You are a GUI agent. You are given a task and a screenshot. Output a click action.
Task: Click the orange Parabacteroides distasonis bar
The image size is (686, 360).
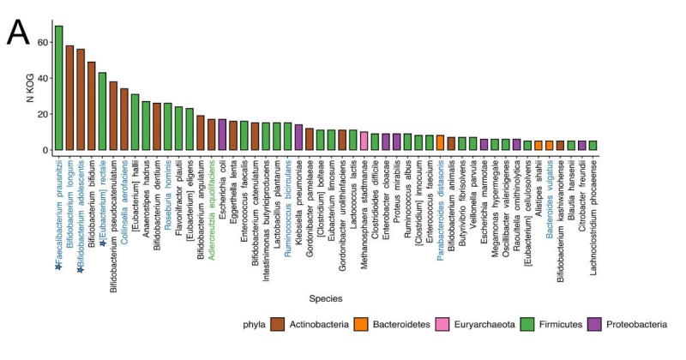point(440,142)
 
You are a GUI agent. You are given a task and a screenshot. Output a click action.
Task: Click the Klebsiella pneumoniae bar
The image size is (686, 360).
point(298,137)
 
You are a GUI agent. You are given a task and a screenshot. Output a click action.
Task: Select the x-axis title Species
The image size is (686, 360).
point(326,298)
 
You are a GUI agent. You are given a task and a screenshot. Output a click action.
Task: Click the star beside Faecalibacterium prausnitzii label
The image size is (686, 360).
point(58,267)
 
